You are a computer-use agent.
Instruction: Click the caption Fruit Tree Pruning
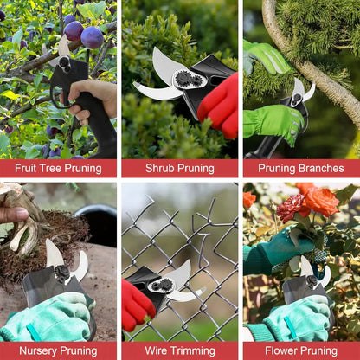(x=58, y=168)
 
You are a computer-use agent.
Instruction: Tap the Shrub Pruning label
(x=179, y=168)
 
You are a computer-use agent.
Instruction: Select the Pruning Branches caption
(x=300, y=168)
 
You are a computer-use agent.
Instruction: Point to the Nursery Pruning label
(x=58, y=350)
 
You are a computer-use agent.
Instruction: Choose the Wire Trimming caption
(x=179, y=350)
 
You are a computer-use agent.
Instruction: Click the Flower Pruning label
(x=300, y=350)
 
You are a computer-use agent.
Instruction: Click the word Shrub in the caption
(x=162, y=168)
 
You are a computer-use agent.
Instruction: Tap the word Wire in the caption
(x=158, y=350)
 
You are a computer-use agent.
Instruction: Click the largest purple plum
(x=91, y=37)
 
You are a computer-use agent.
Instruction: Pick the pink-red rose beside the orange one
(x=292, y=208)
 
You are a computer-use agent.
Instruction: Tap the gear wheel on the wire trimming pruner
(x=162, y=285)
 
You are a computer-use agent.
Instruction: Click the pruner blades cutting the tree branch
(x=302, y=91)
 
